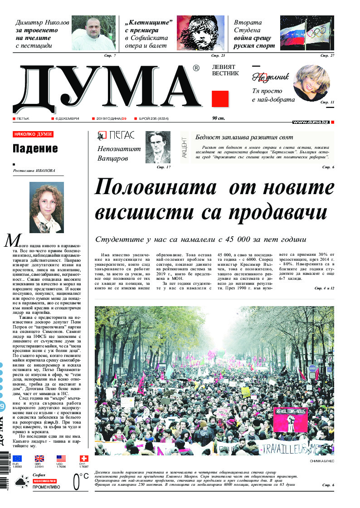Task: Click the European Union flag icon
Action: coord(17,459)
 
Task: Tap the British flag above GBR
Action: coord(39,459)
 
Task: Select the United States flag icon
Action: coord(61,459)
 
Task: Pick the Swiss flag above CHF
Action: coord(83,459)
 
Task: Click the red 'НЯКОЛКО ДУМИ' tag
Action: coord(33,134)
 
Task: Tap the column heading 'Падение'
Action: coord(35,148)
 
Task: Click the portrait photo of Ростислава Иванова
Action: coord(46,207)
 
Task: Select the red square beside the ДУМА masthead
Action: coord(220,98)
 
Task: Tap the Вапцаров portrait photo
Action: coord(158,147)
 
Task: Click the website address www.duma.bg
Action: coord(311,122)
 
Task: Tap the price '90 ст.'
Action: coord(219,118)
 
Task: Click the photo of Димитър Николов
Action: coord(94,33)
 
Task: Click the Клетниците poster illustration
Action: coord(201,33)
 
